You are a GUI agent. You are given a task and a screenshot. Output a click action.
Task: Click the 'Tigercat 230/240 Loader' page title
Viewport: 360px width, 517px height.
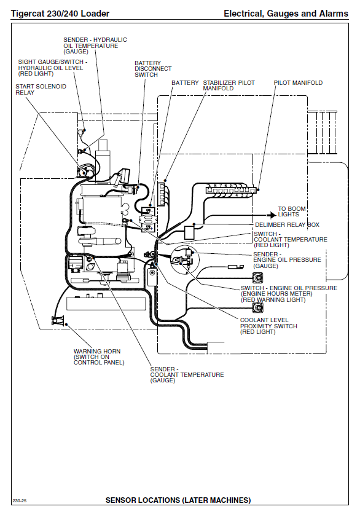[x=60, y=14]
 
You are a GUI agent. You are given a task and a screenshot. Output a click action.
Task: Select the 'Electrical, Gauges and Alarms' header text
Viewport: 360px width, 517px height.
[x=286, y=14]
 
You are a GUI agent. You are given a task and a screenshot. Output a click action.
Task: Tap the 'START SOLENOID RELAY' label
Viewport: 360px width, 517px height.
[x=41, y=89]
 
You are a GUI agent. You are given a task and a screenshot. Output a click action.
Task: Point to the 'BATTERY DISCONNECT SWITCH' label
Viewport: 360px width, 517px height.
[x=153, y=69]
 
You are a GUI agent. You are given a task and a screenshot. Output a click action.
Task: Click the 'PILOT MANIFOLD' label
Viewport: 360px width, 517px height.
[x=298, y=83]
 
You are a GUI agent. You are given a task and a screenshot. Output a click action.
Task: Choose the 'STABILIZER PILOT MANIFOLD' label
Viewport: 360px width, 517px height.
[x=229, y=85]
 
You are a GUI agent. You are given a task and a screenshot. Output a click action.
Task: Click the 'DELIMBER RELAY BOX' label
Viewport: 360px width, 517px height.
[x=288, y=225]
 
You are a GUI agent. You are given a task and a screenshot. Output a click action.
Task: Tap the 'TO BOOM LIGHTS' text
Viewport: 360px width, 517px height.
[x=292, y=211]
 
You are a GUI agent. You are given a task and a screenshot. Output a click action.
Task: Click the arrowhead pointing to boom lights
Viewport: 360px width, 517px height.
[x=272, y=215]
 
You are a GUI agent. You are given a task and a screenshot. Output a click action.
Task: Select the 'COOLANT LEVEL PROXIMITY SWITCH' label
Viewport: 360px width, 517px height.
[x=268, y=326]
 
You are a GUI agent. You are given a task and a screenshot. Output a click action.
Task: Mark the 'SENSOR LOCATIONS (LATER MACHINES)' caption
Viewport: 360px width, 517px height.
[x=178, y=500]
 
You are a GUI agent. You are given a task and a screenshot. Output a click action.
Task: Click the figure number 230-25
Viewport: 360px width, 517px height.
[x=20, y=501]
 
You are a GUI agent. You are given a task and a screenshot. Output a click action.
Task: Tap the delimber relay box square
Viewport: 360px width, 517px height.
[x=189, y=232]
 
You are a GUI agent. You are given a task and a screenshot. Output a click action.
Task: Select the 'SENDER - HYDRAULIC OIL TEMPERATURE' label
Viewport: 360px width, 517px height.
[x=95, y=45]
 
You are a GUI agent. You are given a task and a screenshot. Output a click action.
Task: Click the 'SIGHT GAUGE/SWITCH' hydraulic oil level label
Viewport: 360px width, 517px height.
[x=53, y=68]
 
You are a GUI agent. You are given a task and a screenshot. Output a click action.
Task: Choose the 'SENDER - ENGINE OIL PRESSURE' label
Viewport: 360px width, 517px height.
[x=287, y=260]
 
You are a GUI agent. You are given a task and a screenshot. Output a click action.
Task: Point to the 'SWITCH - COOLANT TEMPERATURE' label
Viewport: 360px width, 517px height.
[x=291, y=239]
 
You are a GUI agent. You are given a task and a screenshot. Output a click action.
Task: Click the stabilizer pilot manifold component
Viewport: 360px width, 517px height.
[x=162, y=194]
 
